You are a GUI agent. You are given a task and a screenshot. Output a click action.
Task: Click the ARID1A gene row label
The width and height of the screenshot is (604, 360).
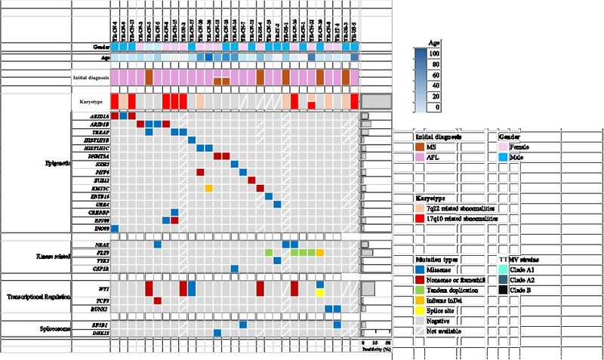(100, 116)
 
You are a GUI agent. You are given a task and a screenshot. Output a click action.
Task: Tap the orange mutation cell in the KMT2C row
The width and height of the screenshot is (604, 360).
(208, 188)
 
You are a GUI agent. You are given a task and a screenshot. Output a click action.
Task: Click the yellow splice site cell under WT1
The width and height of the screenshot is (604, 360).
(320, 292)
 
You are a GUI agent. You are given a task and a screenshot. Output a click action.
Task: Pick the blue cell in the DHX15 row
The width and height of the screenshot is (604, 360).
(217, 333)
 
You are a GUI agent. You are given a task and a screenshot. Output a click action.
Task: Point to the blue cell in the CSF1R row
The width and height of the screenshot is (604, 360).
(235, 268)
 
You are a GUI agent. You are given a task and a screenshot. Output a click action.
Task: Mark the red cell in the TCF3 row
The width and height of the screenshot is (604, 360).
(157, 300)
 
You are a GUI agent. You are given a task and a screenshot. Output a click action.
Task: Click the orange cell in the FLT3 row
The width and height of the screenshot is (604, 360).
(320, 252)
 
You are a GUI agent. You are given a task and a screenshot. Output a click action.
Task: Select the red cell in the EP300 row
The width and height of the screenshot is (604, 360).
(174, 220)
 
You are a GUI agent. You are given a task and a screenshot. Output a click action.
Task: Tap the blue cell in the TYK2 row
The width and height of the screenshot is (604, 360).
(277, 260)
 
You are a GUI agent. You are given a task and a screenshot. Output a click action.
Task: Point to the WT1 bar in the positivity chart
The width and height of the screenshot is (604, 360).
(368, 288)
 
